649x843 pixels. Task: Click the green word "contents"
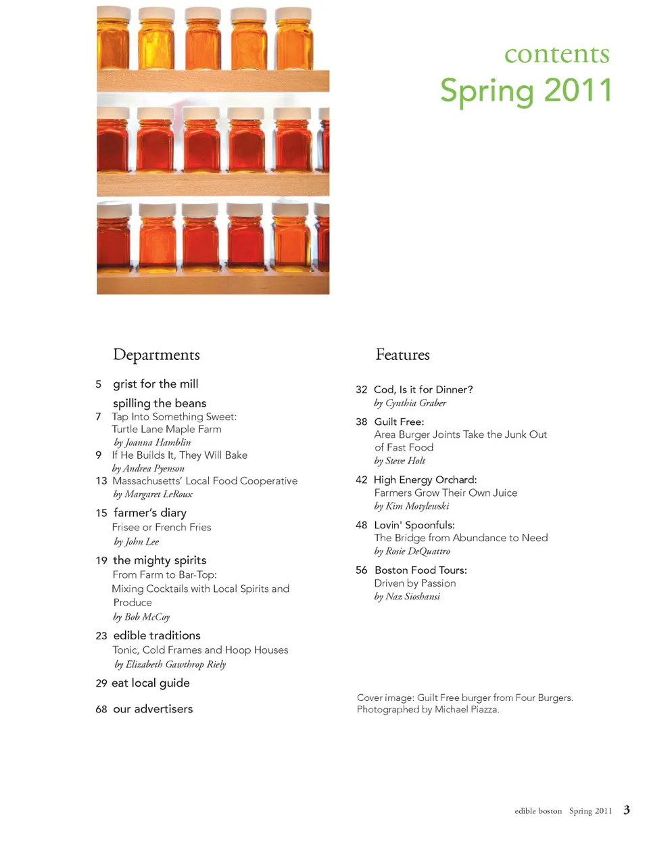[x=556, y=54]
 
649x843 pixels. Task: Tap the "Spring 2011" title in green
[x=526, y=91]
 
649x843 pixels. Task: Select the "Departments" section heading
[x=156, y=355]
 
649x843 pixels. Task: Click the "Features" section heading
[x=402, y=355]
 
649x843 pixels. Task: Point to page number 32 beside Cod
[x=362, y=390]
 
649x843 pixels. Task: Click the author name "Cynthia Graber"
[x=416, y=403]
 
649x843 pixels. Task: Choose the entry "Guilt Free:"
[x=399, y=421]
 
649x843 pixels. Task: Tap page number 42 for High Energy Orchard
[x=362, y=480]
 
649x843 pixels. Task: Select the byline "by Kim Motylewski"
[x=412, y=506]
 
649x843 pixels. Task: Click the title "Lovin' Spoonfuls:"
[x=414, y=525]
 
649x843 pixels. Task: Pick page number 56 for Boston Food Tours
[x=362, y=570]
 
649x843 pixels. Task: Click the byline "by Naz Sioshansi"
[x=407, y=597]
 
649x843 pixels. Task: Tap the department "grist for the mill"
[x=155, y=384]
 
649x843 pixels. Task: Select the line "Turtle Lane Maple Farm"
[x=166, y=430]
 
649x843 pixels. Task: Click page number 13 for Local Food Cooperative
[x=101, y=481]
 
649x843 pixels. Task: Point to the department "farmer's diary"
[x=150, y=513]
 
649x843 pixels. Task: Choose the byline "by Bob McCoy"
[x=141, y=617]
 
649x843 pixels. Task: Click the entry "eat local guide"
[x=150, y=683]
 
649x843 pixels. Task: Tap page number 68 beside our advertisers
[x=101, y=709]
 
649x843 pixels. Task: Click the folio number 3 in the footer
[x=627, y=810]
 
